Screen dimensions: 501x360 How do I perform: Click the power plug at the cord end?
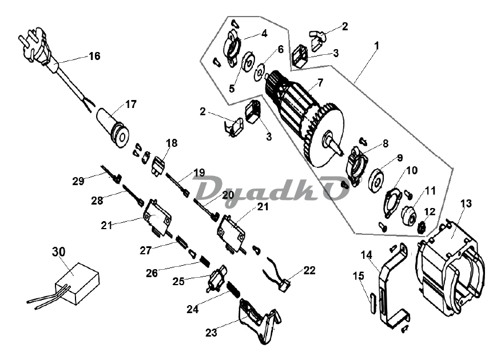tap(36, 49)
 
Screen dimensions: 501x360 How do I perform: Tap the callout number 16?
tap(94, 56)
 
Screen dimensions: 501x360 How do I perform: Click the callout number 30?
tap(59, 251)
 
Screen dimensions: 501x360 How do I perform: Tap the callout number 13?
tap(466, 203)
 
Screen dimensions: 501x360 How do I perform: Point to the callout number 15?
tap(359, 276)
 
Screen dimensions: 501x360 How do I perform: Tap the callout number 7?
tap(320, 83)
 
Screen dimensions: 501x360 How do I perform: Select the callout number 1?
tap(377, 45)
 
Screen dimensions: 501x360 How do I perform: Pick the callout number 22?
tap(309, 270)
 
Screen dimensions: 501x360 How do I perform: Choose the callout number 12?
tap(430, 211)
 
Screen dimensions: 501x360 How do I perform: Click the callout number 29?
tap(78, 181)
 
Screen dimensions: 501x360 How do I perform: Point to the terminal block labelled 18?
tap(158, 165)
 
